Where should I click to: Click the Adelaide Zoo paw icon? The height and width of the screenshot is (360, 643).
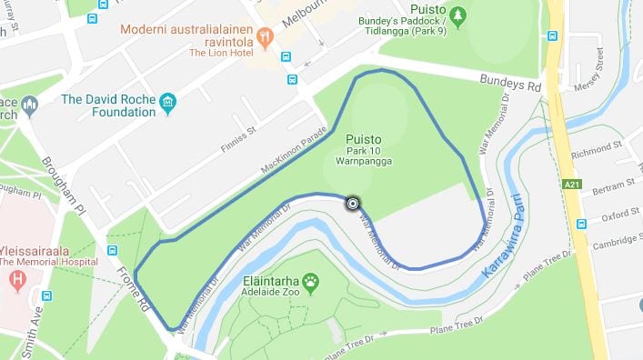[x=311, y=283]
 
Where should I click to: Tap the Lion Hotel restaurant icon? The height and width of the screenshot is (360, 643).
[x=266, y=37]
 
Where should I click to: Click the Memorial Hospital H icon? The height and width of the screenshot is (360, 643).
[x=15, y=280]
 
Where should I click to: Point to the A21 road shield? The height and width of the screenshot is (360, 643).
[x=572, y=185]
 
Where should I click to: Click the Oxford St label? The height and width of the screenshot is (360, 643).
[x=619, y=216]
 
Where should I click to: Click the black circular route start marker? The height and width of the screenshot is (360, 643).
[x=352, y=204]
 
